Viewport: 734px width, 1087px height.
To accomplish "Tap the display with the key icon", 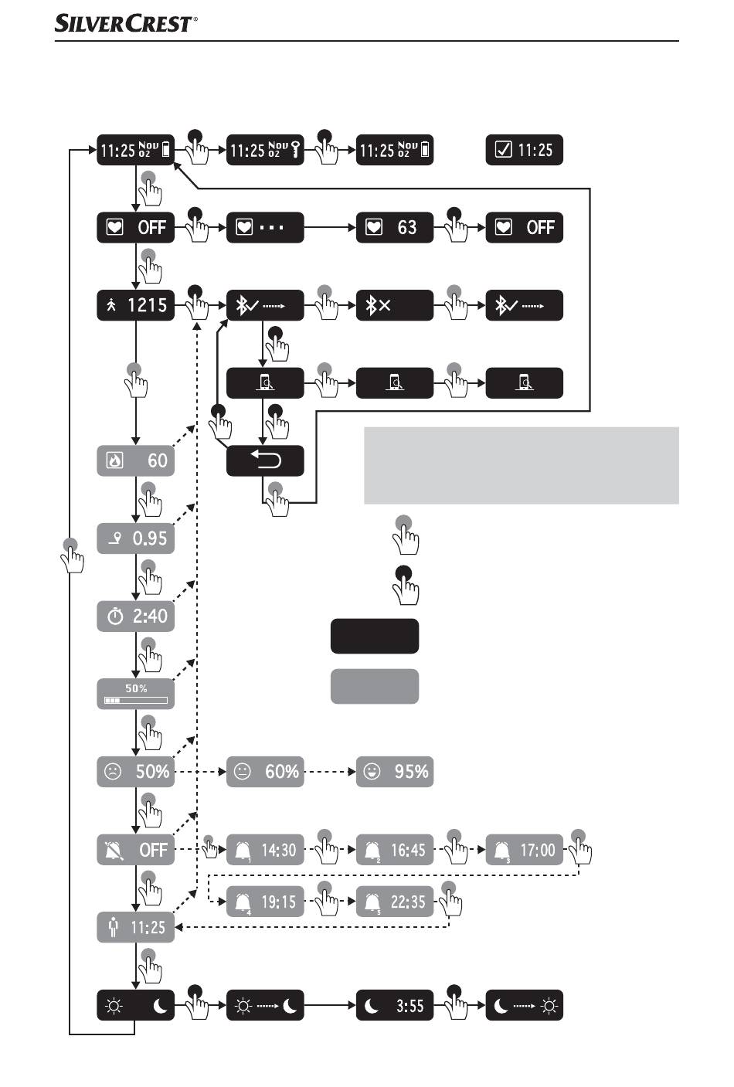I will pyautogui.click(x=265, y=150).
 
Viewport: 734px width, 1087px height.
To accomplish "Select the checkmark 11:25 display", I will pyautogui.click(x=524, y=150).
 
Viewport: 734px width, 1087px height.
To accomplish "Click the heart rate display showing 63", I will pyautogui.click(x=394, y=227).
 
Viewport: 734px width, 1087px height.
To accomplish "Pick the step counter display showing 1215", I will pyautogui.click(x=136, y=305).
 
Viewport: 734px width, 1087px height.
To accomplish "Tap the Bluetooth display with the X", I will pyautogui.click(x=394, y=305).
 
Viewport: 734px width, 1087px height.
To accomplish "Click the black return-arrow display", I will pyautogui.click(x=265, y=461).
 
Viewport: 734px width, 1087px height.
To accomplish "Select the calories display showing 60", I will pyautogui.click(x=136, y=461).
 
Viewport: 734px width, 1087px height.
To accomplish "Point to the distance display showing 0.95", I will pyautogui.click(x=136, y=538).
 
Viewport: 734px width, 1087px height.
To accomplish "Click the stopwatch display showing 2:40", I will pyautogui.click(x=136, y=617).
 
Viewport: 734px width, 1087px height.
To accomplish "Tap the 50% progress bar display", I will pyautogui.click(x=136, y=694).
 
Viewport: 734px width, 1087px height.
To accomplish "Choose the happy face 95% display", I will pyautogui.click(x=394, y=772).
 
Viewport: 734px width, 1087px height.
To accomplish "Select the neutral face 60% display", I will pyautogui.click(x=265, y=772).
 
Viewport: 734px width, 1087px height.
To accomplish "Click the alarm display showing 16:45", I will pyautogui.click(x=394, y=850).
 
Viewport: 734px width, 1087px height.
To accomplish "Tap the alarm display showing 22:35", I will pyautogui.click(x=394, y=902).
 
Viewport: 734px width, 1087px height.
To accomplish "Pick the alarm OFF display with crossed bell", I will pyautogui.click(x=136, y=850).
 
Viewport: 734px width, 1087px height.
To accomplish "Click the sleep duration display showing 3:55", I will pyautogui.click(x=394, y=1006).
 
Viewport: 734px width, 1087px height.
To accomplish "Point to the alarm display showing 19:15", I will pyautogui.click(x=265, y=902).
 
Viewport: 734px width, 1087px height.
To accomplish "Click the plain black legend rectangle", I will pyautogui.click(x=375, y=636).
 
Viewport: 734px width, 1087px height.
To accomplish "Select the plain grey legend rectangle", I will pyautogui.click(x=375, y=686).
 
